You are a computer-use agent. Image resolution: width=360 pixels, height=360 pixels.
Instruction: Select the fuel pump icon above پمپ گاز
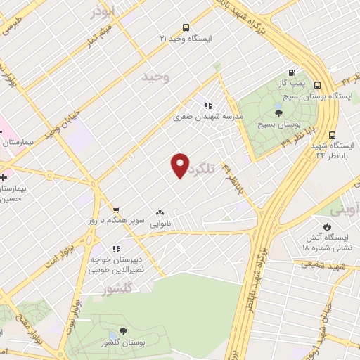[x=291, y=72]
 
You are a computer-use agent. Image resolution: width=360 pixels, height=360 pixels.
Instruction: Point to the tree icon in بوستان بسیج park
[x=278, y=112]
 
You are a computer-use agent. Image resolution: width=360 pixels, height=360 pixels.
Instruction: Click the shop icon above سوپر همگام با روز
[x=116, y=210]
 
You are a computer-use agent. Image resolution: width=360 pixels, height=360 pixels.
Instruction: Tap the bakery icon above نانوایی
[x=160, y=212]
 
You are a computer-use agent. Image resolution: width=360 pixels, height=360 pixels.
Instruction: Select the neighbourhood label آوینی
[x=344, y=210]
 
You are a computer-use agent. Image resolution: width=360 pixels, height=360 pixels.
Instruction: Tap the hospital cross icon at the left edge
[x=4, y=176]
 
